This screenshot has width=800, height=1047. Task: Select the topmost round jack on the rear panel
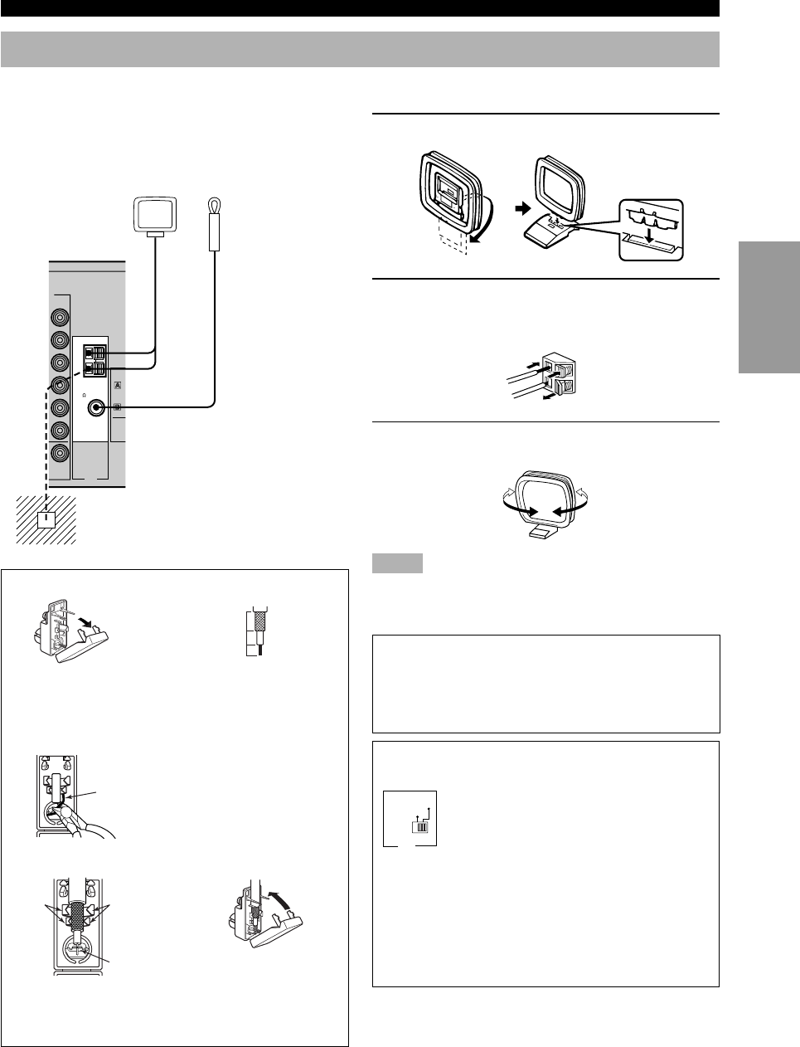60,317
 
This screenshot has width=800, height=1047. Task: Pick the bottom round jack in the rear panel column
60,453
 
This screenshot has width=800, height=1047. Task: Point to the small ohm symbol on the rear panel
87,395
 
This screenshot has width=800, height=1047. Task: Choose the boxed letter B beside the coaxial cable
116,407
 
